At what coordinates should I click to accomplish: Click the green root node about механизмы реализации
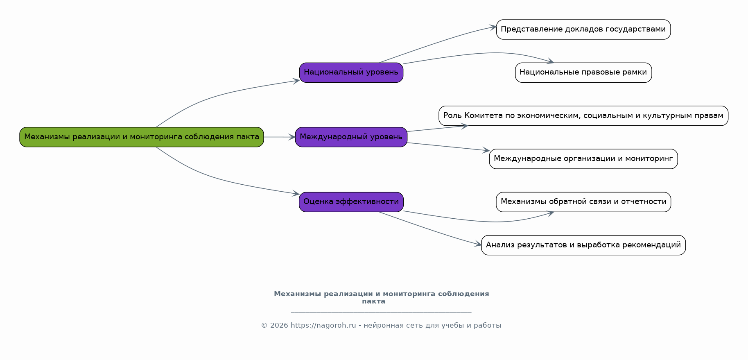142,137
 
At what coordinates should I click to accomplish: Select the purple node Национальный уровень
351,72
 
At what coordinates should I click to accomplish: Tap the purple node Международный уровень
351,137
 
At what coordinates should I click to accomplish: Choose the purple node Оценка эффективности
351,202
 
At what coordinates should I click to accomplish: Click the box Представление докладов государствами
583,29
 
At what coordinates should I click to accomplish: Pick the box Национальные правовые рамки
583,72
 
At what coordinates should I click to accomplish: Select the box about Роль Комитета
583,116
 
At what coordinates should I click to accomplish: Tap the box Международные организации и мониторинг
583,159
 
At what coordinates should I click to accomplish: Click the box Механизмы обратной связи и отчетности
583,202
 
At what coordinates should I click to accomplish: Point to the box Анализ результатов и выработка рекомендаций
583,245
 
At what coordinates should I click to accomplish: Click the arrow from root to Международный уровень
280,137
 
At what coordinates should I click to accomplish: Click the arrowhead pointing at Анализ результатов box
478,245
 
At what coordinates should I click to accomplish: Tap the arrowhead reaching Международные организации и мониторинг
486,151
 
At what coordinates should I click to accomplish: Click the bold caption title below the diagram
381,298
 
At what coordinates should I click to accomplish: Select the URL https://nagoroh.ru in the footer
323,326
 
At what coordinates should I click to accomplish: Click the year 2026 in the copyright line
279,326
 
